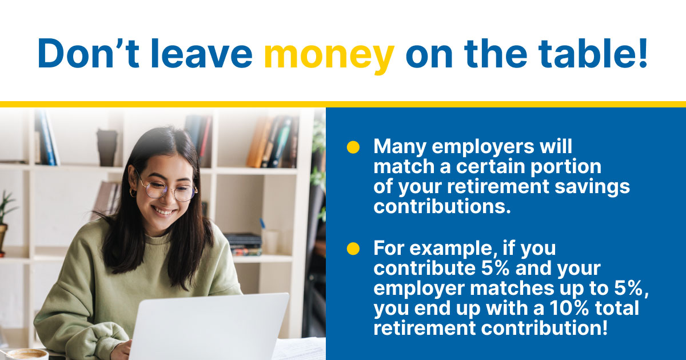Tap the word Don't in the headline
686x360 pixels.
tap(89, 53)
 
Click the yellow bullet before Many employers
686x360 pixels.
tap(353, 147)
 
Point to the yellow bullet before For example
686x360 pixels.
tap(353, 248)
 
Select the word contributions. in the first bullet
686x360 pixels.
tap(442, 206)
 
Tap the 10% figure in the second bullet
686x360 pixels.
tap(569, 307)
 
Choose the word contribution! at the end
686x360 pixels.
tap(544, 328)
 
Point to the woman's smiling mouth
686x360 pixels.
tap(164, 211)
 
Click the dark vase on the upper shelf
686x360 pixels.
tap(107, 147)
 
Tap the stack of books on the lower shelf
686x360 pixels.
tap(244, 245)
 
